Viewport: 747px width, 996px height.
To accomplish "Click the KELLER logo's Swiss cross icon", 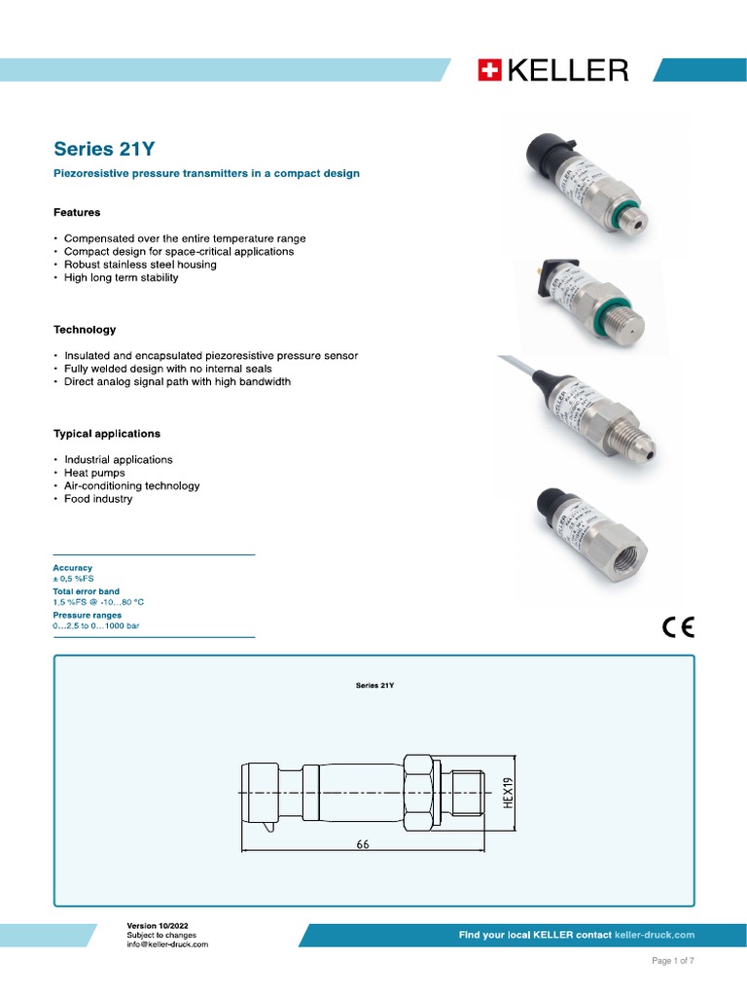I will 488,70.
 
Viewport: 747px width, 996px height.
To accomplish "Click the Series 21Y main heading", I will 104,149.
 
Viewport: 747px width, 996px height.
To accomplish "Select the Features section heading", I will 77,212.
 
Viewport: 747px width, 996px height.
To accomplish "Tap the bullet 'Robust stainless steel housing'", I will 140,265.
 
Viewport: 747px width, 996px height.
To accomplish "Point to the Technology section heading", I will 85,330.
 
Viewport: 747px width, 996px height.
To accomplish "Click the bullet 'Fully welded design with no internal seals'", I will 168,369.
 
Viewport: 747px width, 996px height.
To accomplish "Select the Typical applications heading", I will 107,434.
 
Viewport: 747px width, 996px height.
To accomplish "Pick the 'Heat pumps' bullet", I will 94,473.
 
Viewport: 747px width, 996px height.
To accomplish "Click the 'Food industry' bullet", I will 98,499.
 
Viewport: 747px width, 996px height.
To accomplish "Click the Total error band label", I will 87,591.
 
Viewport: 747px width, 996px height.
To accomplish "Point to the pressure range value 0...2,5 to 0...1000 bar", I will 96,626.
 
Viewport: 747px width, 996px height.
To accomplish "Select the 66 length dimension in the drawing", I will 363,845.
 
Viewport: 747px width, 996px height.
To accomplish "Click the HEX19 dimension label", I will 507,796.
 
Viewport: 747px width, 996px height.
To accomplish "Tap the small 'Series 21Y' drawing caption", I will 374,685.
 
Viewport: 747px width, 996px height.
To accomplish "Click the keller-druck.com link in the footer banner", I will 655,935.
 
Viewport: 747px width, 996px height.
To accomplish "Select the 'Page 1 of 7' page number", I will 672,961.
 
